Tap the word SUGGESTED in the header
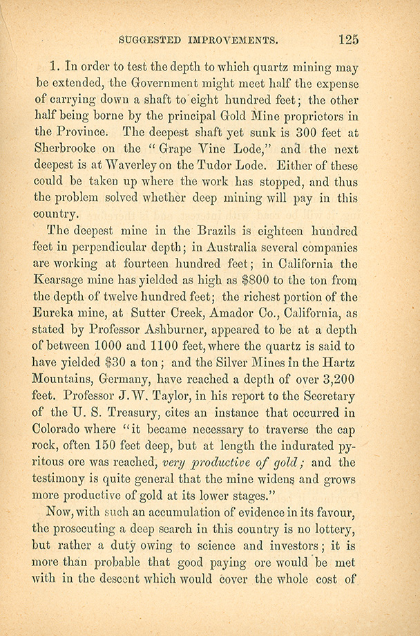coord(151,39)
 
